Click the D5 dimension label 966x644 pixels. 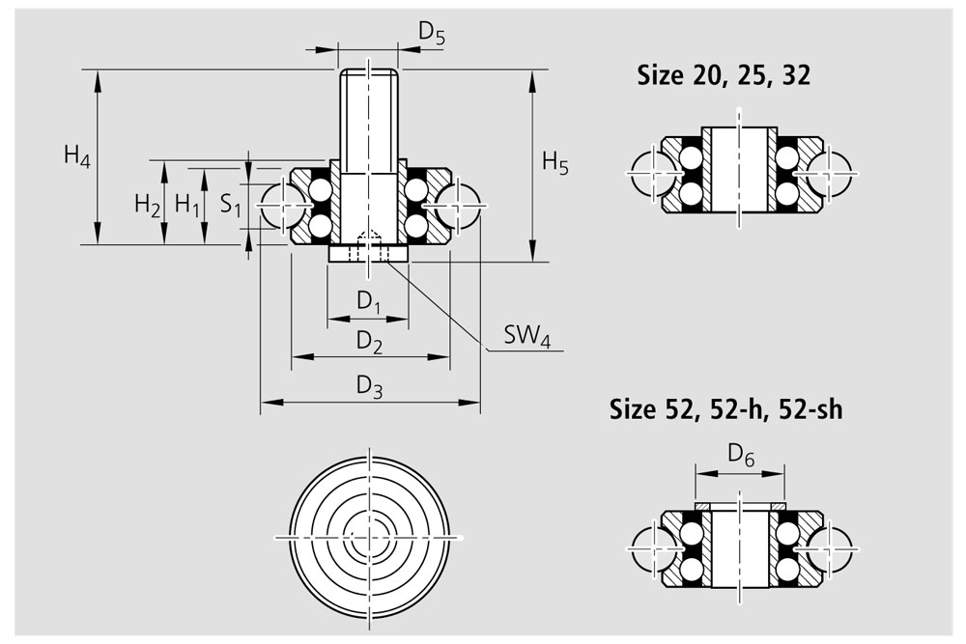coord(431,34)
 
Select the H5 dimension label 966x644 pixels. coord(555,164)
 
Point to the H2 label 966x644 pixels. coord(147,205)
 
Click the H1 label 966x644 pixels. coord(187,205)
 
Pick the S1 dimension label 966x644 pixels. coord(231,205)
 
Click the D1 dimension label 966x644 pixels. coord(368,302)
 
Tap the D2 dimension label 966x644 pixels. coord(369,343)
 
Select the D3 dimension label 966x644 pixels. coord(369,387)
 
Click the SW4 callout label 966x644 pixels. coord(527,337)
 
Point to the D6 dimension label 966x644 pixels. coord(741,457)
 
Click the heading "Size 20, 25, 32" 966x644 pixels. coord(724,75)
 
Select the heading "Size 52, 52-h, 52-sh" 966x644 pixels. coord(725,409)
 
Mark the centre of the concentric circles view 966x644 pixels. coord(368,537)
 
